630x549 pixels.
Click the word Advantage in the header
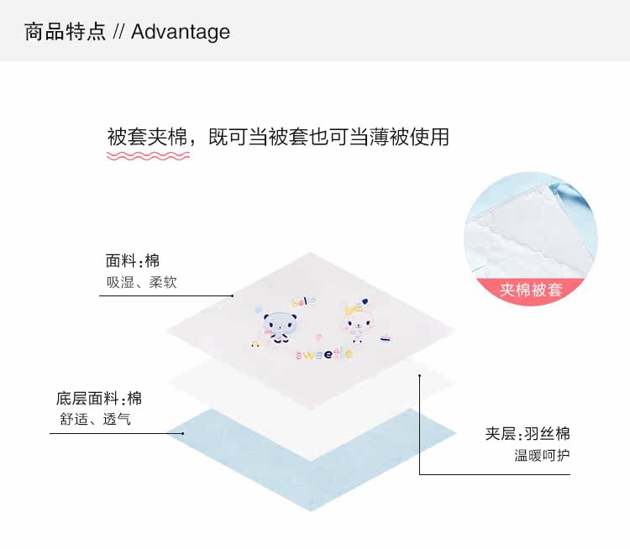(180, 32)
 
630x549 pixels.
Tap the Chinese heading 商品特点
(65, 32)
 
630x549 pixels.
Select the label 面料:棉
(132, 260)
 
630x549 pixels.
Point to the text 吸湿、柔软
(141, 283)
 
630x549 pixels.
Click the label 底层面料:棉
(98, 398)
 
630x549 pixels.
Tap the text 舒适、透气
(94, 419)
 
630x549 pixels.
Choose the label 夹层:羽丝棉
(528, 434)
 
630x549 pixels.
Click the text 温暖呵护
(542, 456)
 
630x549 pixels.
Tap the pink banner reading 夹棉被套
(531, 290)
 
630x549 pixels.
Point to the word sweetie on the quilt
(323, 355)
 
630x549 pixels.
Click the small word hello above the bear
(300, 300)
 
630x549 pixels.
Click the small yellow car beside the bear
(251, 343)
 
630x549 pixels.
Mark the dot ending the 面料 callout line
(233, 296)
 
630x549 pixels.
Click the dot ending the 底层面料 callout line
(182, 433)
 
